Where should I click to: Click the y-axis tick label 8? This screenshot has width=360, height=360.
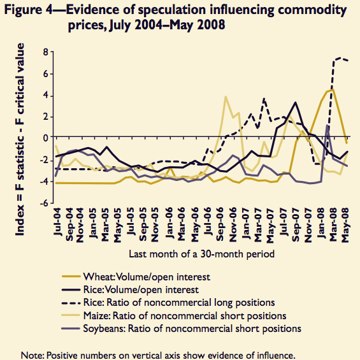45,52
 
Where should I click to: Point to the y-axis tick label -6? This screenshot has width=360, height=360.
43,203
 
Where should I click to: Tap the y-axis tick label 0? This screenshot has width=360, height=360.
45,138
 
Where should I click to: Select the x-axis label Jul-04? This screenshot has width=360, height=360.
57,222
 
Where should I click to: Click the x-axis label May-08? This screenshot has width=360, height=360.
345,225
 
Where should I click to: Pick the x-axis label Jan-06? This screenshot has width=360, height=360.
169,223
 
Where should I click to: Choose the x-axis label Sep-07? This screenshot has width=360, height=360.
296,225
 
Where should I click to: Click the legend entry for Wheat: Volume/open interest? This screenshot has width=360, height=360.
136,277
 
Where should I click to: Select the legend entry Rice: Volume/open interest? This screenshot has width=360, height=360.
130,290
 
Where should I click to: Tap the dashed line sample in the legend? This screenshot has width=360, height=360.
71,303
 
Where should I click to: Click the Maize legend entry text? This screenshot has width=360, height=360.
185,315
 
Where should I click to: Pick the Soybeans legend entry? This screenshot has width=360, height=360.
182,329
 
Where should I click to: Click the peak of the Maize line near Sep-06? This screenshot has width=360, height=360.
226,97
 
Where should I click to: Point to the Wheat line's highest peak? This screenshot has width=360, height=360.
333,90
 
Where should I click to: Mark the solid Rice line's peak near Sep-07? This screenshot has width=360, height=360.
296,103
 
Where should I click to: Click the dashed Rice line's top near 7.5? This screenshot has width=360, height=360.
340,57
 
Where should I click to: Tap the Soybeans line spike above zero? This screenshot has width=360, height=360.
328,126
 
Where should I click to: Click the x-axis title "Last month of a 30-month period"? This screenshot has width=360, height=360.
201,254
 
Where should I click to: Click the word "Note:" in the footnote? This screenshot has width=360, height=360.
32,355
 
